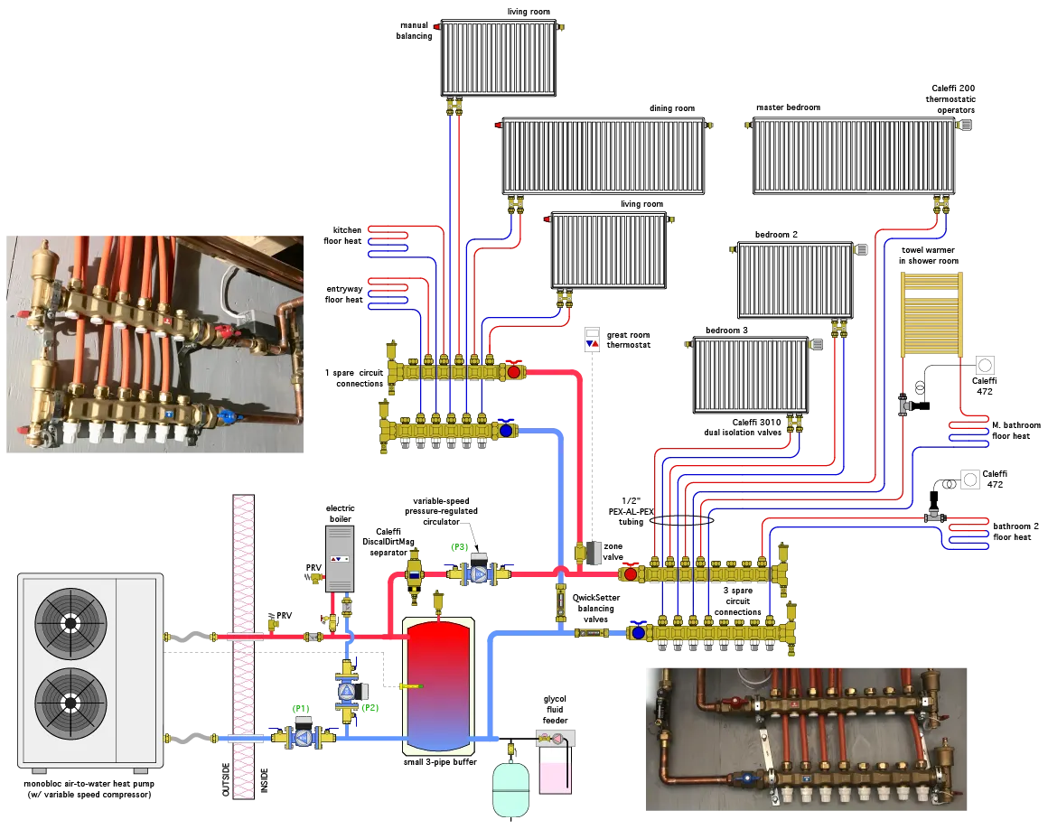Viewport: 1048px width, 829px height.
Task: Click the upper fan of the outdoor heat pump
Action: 70,624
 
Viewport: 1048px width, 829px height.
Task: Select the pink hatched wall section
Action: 243,646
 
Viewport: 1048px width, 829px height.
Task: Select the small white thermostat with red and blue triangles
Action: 590,340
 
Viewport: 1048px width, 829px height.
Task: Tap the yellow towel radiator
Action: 931,313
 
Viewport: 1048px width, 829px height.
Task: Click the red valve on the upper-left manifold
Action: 514,371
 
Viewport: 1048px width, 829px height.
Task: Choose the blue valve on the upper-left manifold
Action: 506,431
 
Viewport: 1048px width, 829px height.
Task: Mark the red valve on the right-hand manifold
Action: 631,573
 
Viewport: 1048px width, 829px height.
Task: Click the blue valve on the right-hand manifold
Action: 639,632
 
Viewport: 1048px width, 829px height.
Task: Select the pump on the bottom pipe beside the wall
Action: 304,738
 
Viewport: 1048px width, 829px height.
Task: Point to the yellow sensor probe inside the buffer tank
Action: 410,686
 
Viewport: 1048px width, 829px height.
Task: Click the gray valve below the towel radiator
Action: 904,406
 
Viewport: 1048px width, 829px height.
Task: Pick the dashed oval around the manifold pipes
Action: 680,519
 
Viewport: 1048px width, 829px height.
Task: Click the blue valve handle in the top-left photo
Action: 227,417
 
